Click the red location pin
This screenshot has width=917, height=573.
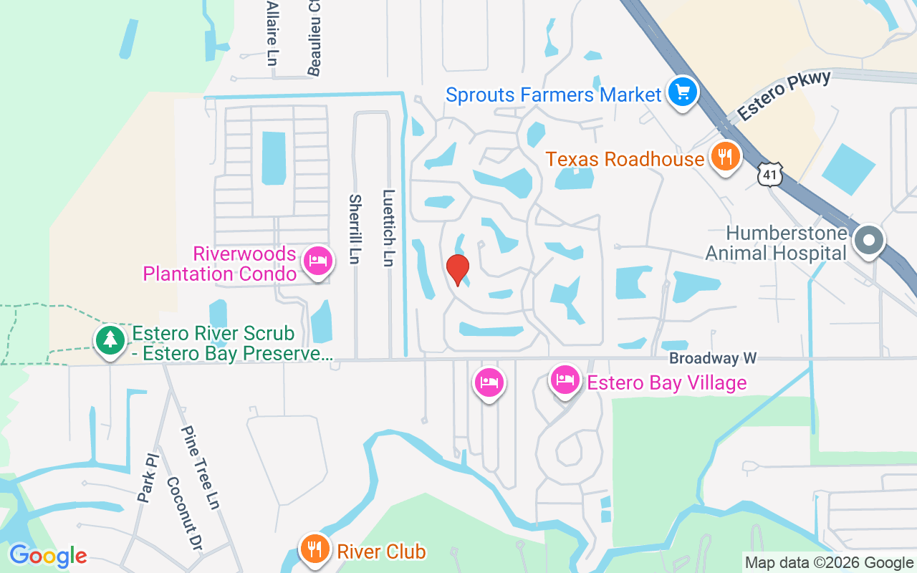click(x=457, y=269)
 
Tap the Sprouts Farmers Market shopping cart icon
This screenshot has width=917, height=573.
click(x=683, y=92)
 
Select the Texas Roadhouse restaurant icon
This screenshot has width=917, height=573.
click(x=725, y=156)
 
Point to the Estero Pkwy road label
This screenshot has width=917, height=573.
click(x=784, y=95)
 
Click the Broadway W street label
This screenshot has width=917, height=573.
click(x=713, y=357)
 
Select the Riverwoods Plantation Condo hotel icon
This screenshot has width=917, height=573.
click(x=317, y=261)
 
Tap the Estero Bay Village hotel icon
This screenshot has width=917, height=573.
click(x=565, y=380)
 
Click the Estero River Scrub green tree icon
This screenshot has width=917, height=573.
click(x=110, y=340)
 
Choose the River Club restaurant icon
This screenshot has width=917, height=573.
click(x=314, y=550)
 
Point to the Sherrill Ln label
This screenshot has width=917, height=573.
click(x=353, y=228)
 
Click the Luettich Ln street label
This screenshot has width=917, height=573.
click(x=388, y=228)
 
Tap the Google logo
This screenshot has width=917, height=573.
click(x=48, y=556)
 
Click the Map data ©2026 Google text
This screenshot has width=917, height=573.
click(x=829, y=563)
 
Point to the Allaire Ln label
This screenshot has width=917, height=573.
click(x=272, y=33)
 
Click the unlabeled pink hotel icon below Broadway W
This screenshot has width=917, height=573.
click(x=489, y=383)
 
